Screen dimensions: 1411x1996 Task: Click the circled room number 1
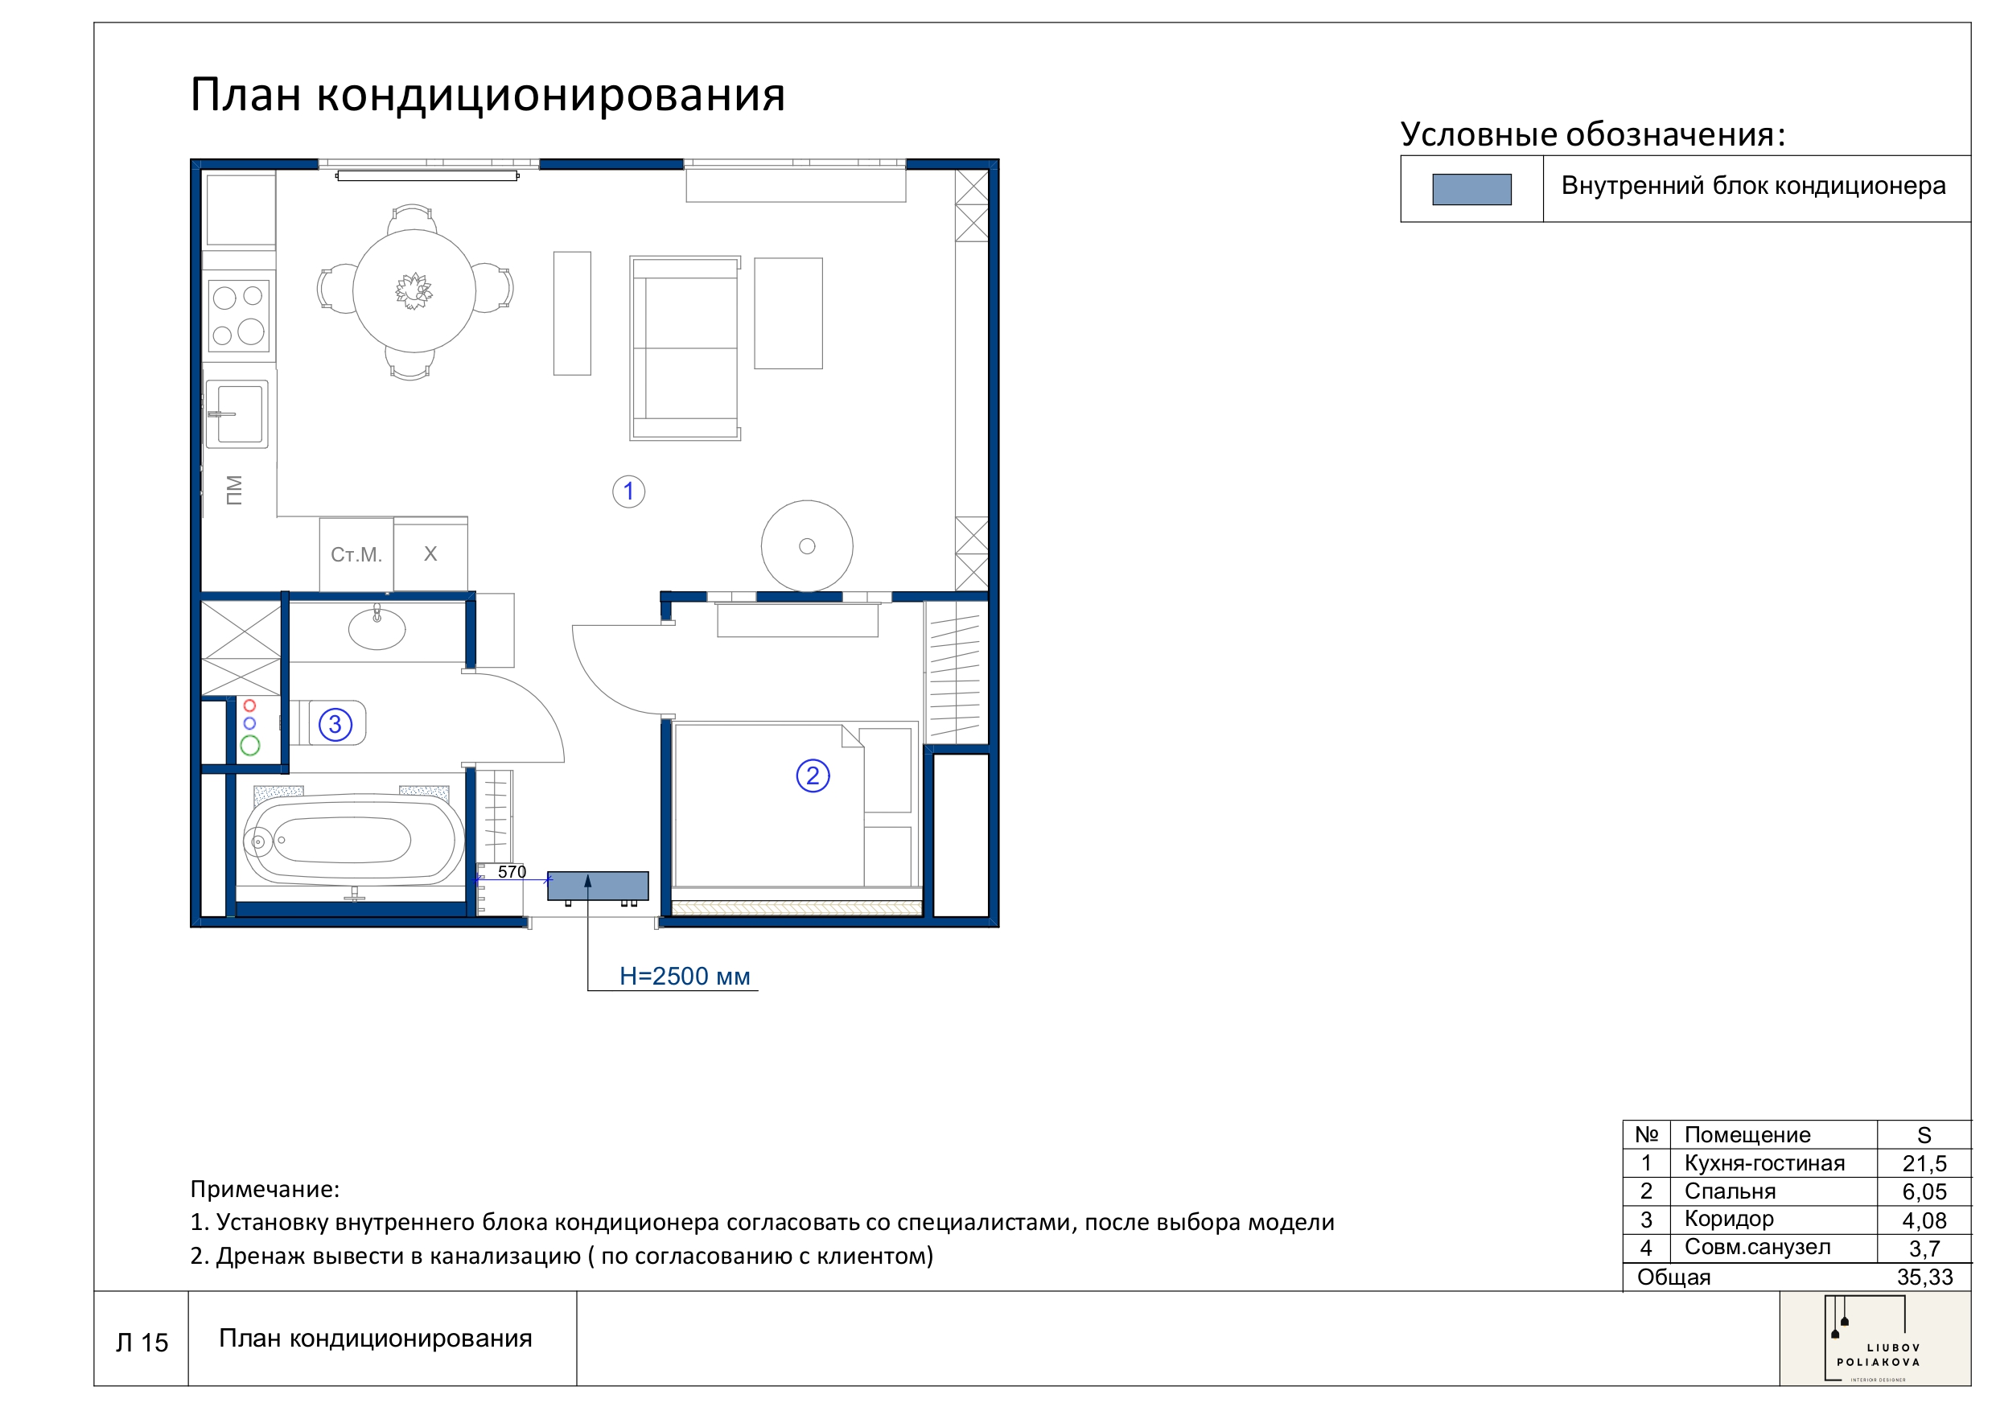(x=628, y=492)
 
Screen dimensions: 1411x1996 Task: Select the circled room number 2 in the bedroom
(x=813, y=775)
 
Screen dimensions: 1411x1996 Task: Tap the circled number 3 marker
(x=335, y=725)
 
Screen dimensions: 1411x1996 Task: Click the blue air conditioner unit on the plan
(x=597, y=886)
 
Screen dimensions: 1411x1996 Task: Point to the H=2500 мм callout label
(x=684, y=977)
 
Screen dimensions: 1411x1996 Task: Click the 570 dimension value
(x=511, y=872)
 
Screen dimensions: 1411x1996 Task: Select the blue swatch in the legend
(x=1471, y=190)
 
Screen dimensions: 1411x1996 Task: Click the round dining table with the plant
(x=414, y=291)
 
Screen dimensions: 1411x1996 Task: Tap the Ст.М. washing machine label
(x=356, y=554)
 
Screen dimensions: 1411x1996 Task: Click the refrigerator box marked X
(x=430, y=554)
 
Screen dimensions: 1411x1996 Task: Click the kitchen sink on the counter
(x=237, y=415)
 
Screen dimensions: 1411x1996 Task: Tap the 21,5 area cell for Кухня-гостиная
(x=1923, y=1163)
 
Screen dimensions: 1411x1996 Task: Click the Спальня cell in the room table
(x=1729, y=1191)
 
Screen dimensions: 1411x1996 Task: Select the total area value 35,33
(x=1924, y=1277)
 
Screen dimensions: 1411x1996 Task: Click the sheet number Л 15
(x=142, y=1343)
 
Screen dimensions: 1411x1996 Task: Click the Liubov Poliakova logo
(x=1877, y=1339)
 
